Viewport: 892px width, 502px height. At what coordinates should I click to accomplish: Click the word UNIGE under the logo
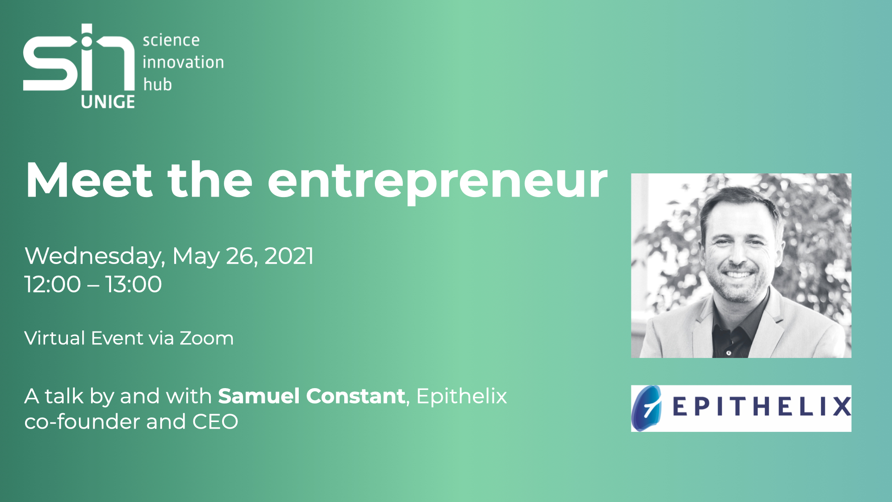pos(108,102)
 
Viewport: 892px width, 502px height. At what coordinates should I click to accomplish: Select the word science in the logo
pos(171,40)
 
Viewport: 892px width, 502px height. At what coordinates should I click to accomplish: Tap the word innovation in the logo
pos(183,62)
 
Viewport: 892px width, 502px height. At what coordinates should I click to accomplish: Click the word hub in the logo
pos(157,84)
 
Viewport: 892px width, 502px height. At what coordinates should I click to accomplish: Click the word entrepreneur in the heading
pos(438,183)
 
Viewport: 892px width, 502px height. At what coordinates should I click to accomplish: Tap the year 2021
pos(289,256)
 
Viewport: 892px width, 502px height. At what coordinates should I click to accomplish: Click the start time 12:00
pos(52,284)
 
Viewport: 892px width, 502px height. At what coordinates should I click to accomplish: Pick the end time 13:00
pos(133,284)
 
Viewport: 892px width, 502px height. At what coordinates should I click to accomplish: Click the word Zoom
pos(207,338)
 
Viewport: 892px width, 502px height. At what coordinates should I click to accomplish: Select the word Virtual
pos(54,338)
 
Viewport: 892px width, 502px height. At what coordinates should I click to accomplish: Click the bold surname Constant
pos(356,396)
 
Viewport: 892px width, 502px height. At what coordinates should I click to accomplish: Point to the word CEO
pos(215,422)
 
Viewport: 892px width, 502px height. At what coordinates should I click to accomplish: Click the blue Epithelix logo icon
pos(647,409)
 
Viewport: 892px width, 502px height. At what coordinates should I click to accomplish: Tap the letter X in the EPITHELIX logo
pos(841,406)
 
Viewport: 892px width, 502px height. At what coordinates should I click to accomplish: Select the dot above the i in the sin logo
pos(87,41)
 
